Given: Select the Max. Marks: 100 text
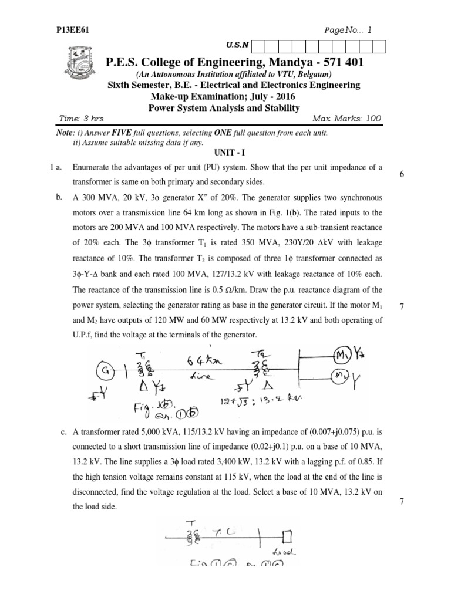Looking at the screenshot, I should (x=346, y=119).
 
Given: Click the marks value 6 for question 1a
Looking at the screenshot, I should (x=400, y=175).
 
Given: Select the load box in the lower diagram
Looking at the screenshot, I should (x=287, y=535).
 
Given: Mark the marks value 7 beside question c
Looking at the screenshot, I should (x=400, y=501).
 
